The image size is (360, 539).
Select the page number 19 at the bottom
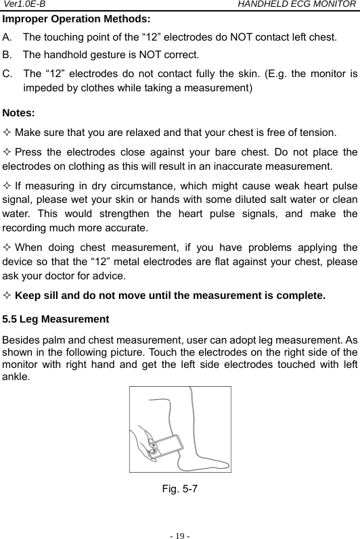[180, 531]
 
